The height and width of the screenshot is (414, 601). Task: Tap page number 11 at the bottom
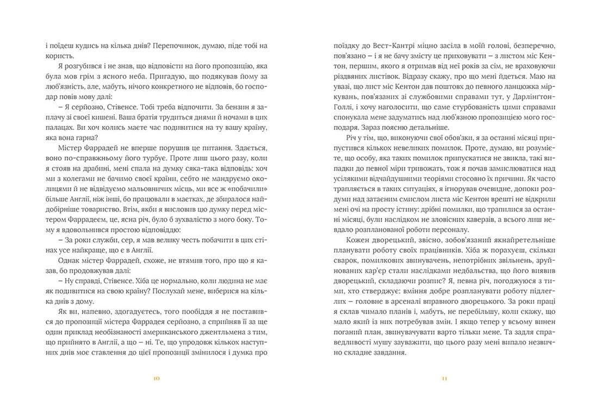click(x=444, y=379)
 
